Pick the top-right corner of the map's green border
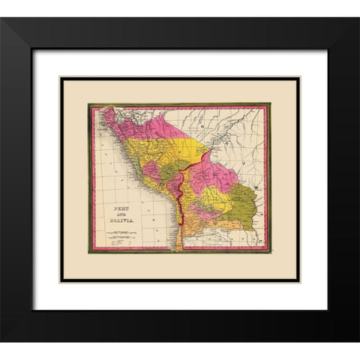(x=269, y=104)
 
